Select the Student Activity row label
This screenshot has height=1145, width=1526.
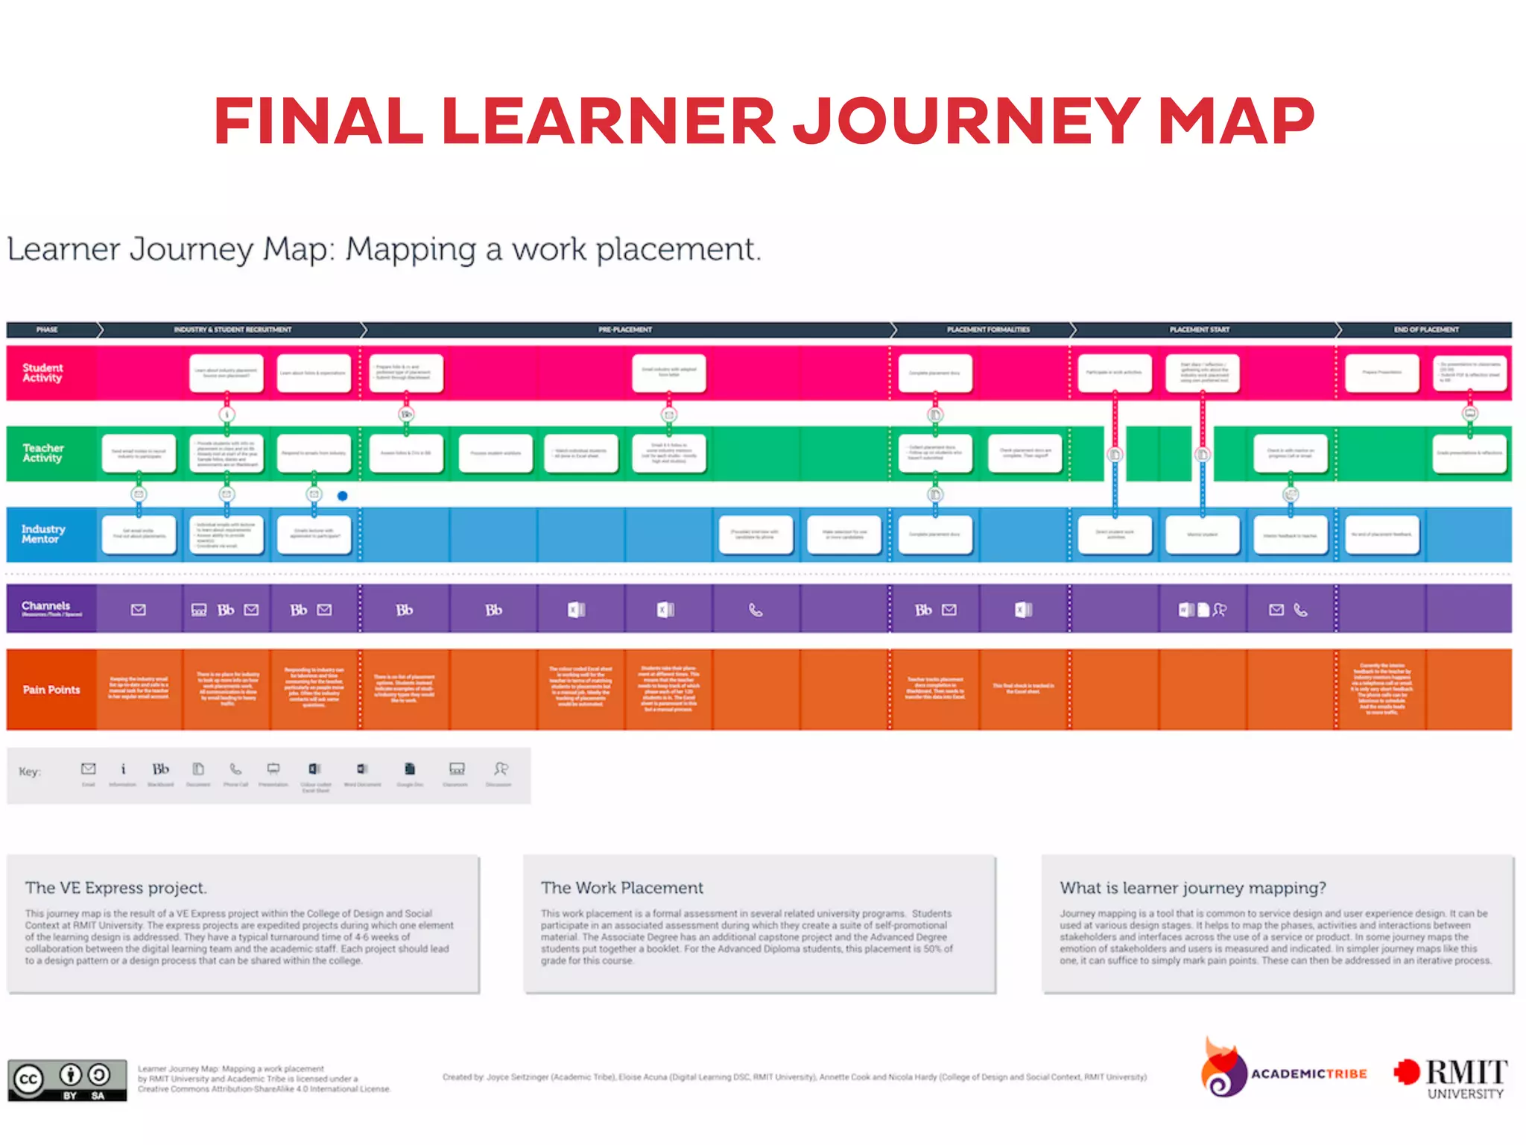42,373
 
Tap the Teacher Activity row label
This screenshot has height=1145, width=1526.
43,452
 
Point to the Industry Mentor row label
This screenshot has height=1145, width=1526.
43,534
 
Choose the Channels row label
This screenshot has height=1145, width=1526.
46,606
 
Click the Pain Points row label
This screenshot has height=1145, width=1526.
51,690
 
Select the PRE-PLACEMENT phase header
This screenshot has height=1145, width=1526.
624,329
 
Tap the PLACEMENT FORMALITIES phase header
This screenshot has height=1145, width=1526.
988,329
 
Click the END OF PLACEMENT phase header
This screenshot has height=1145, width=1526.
1426,329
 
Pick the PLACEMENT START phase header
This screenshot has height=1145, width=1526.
1199,329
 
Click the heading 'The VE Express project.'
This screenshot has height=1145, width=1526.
116,888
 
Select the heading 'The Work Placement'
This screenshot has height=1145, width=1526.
622,888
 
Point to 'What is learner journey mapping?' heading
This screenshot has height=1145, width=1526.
1193,888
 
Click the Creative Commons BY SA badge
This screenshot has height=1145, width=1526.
67,1080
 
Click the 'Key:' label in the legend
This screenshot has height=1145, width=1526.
30,772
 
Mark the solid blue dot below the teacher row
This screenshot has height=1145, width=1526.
343,496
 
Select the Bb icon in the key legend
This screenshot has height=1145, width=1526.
161,769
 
